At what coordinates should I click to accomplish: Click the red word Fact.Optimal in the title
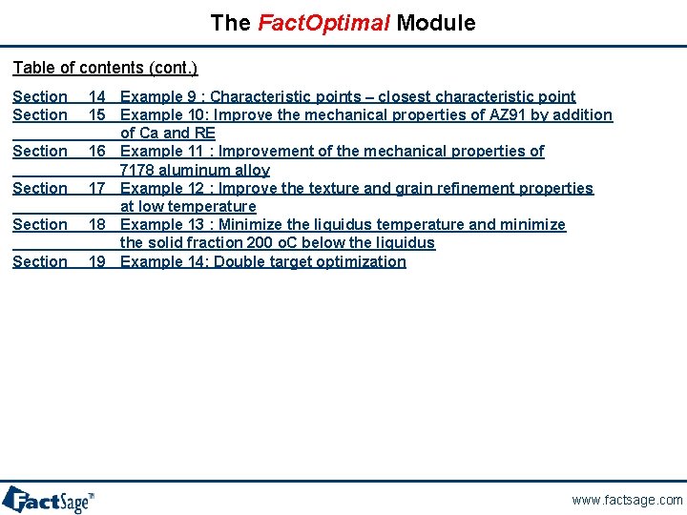323,23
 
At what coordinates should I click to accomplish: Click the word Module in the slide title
436,23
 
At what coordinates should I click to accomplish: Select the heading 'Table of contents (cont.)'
105,68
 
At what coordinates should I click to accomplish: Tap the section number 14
96,96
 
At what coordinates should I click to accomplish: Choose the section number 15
96,114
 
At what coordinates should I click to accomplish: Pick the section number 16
96,151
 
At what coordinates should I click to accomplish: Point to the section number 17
96,188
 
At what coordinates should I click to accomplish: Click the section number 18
96,224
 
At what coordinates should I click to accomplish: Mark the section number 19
96,261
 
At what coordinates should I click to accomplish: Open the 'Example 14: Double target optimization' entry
263,261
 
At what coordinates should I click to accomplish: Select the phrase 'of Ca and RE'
168,133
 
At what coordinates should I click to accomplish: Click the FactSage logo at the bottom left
48,499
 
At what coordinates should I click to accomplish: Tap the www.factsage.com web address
627,500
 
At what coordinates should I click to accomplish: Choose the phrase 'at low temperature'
188,206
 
